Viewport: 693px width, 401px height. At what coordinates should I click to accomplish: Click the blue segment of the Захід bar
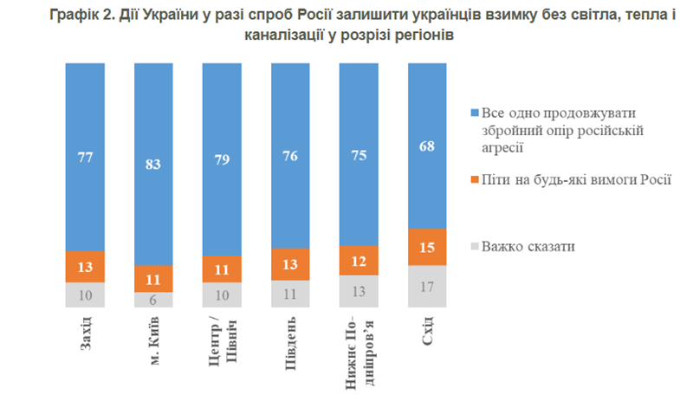coord(85,157)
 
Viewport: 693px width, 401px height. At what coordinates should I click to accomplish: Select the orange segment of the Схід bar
coord(427,247)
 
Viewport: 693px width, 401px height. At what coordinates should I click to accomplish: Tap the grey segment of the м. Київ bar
coord(153,300)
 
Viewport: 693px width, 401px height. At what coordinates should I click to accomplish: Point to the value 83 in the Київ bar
coord(153,165)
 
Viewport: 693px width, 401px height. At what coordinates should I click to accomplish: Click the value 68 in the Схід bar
coord(427,146)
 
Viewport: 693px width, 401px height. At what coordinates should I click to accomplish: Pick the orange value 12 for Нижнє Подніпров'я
coord(359,262)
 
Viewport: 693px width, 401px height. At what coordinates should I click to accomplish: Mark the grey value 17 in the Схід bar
coord(427,288)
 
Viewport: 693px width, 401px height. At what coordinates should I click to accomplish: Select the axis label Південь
coord(290,343)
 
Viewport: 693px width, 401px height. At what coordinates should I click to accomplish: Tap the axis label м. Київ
coord(154,341)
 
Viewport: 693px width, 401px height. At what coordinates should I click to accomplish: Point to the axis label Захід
coord(85,333)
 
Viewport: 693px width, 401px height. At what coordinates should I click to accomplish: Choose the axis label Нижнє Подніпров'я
coord(359,353)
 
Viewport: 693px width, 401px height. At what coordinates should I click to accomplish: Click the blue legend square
coord(475,113)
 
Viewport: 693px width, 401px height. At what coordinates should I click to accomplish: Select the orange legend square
coord(475,179)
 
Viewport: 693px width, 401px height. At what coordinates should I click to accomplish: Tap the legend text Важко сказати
coord(528,246)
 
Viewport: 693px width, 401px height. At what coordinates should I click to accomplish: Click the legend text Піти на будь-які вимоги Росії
coord(576,179)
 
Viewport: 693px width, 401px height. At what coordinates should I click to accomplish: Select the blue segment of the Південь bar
coord(290,156)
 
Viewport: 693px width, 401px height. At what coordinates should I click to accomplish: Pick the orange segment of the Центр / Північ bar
coord(222,269)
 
